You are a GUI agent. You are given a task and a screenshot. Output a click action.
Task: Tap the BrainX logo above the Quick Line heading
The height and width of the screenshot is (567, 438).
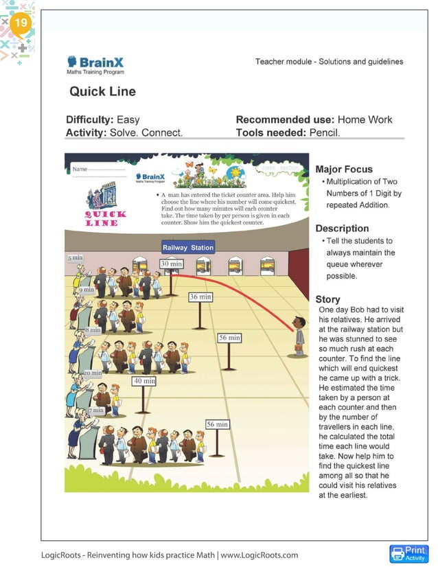(95, 65)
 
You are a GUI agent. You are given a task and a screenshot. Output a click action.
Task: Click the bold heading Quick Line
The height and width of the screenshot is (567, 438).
(102, 91)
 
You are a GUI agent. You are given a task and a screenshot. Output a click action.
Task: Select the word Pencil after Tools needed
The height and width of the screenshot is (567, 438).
(324, 132)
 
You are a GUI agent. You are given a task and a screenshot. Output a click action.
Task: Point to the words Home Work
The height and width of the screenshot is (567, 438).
(365, 119)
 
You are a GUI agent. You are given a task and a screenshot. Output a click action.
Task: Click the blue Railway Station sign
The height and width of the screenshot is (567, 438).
(188, 247)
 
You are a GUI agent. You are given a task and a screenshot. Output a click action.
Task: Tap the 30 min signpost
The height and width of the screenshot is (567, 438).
(172, 264)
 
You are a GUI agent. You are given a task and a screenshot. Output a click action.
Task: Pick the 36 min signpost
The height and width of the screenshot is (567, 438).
(200, 297)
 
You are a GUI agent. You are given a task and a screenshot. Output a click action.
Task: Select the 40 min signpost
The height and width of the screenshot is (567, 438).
(144, 380)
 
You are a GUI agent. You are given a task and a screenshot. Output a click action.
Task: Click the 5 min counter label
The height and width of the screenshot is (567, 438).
(76, 257)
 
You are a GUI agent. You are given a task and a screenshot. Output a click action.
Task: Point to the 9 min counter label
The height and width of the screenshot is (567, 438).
(87, 290)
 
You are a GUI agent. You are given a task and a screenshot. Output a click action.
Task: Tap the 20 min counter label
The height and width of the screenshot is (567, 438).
(93, 373)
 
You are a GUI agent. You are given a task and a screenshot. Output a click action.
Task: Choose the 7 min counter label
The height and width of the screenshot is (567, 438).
(96, 410)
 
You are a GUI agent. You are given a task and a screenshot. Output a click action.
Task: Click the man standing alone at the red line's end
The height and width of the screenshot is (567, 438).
(298, 336)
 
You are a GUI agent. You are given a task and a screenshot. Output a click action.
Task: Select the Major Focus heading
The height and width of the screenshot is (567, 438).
(344, 169)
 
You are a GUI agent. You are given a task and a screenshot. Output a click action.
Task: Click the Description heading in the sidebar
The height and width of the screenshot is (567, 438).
(342, 228)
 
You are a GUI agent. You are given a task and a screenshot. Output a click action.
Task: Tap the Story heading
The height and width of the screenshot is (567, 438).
(327, 299)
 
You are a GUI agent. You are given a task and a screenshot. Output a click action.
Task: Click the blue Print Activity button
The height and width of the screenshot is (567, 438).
(408, 553)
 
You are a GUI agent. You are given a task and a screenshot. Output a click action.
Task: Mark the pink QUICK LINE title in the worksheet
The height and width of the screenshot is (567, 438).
(106, 218)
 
